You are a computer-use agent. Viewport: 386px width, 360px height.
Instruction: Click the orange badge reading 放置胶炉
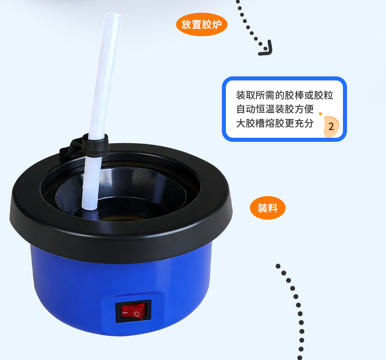pyautogui.click(x=202, y=24)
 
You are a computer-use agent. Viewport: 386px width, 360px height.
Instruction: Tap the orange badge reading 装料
pyautogui.click(x=268, y=208)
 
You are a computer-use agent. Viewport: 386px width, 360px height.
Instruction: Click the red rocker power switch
pyautogui.click(x=133, y=311)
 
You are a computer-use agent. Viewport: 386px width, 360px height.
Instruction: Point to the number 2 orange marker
pyautogui.click(x=331, y=126)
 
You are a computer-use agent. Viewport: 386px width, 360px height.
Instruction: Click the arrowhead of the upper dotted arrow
pyautogui.click(x=267, y=48)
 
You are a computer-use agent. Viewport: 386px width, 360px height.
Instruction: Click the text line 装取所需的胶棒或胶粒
pyautogui.click(x=284, y=95)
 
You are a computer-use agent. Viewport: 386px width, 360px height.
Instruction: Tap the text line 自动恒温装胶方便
pyautogui.click(x=275, y=109)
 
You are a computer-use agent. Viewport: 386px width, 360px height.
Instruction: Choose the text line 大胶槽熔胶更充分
pyautogui.click(x=275, y=123)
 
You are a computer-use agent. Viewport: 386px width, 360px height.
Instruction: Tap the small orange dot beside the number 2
pyautogui.click(x=321, y=114)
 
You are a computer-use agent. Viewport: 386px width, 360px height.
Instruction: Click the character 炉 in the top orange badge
pyautogui.click(x=217, y=24)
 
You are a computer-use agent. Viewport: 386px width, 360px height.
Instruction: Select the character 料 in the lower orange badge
pyautogui.click(x=273, y=208)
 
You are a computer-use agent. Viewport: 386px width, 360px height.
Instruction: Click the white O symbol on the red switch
pyautogui.click(x=137, y=314)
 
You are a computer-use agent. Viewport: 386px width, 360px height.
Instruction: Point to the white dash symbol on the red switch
pyautogui.click(x=125, y=313)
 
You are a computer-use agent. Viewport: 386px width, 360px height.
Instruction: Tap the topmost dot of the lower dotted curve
pyautogui.click(x=278, y=266)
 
